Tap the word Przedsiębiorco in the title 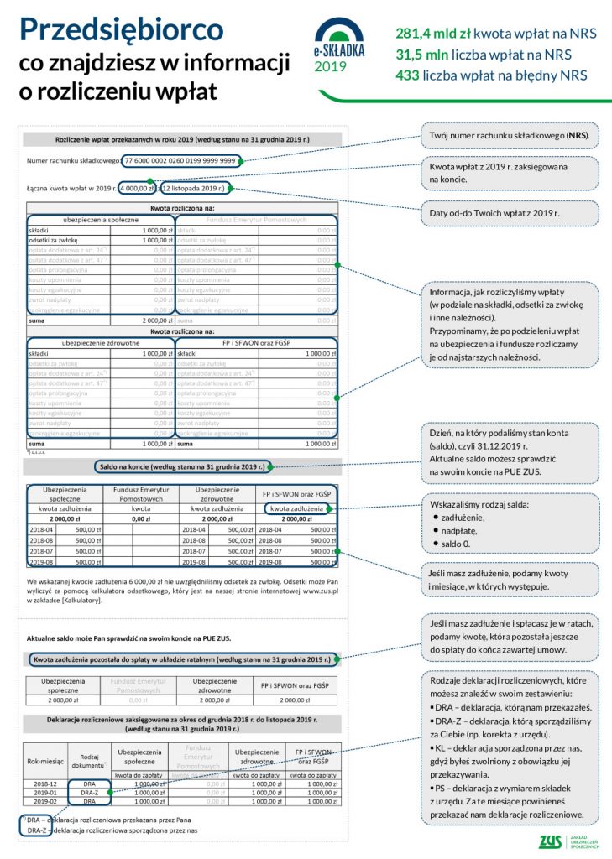pos(122,30)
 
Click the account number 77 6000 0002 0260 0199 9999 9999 pos(180,160)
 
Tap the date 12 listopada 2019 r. pos(195,189)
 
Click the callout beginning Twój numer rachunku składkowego pos(508,135)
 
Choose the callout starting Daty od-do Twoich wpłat pos(508,213)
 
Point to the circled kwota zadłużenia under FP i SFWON pos(296,508)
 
